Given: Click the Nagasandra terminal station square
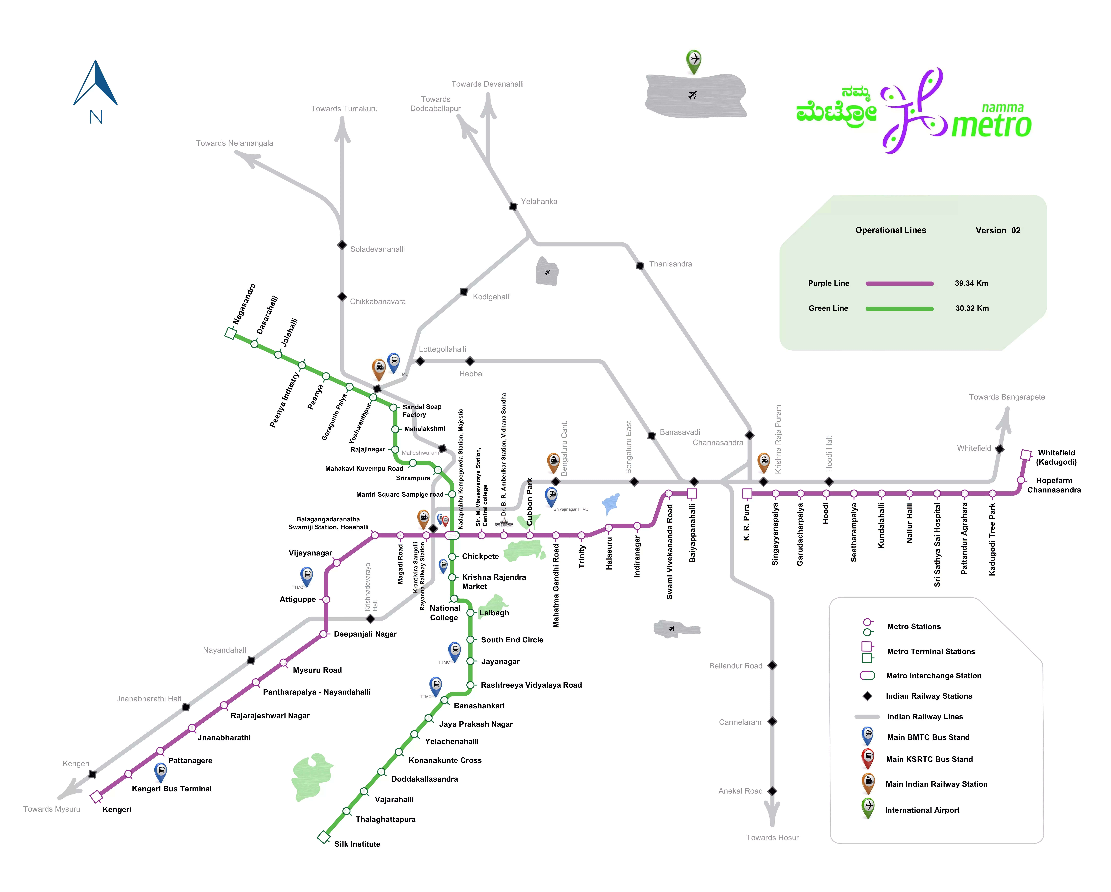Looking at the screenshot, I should (230, 334).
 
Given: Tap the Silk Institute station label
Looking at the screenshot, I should (357, 844).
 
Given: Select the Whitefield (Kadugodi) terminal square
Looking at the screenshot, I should (1026, 455).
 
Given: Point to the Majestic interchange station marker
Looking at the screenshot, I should (452, 536).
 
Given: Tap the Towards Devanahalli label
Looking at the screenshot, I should (487, 84).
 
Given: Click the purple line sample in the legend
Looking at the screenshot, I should (899, 284).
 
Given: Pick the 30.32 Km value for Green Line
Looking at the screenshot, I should (972, 308).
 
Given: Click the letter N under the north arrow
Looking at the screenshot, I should (96, 117).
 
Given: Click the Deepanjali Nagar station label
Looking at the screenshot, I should (365, 634).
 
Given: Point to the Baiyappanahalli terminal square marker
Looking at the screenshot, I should (692, 493).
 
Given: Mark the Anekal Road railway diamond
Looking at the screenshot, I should (772, 791).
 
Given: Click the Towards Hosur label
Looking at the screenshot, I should (772, 837).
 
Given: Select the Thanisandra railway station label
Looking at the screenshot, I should (670, 264).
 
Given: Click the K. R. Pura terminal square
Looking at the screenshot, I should (747, 493).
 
